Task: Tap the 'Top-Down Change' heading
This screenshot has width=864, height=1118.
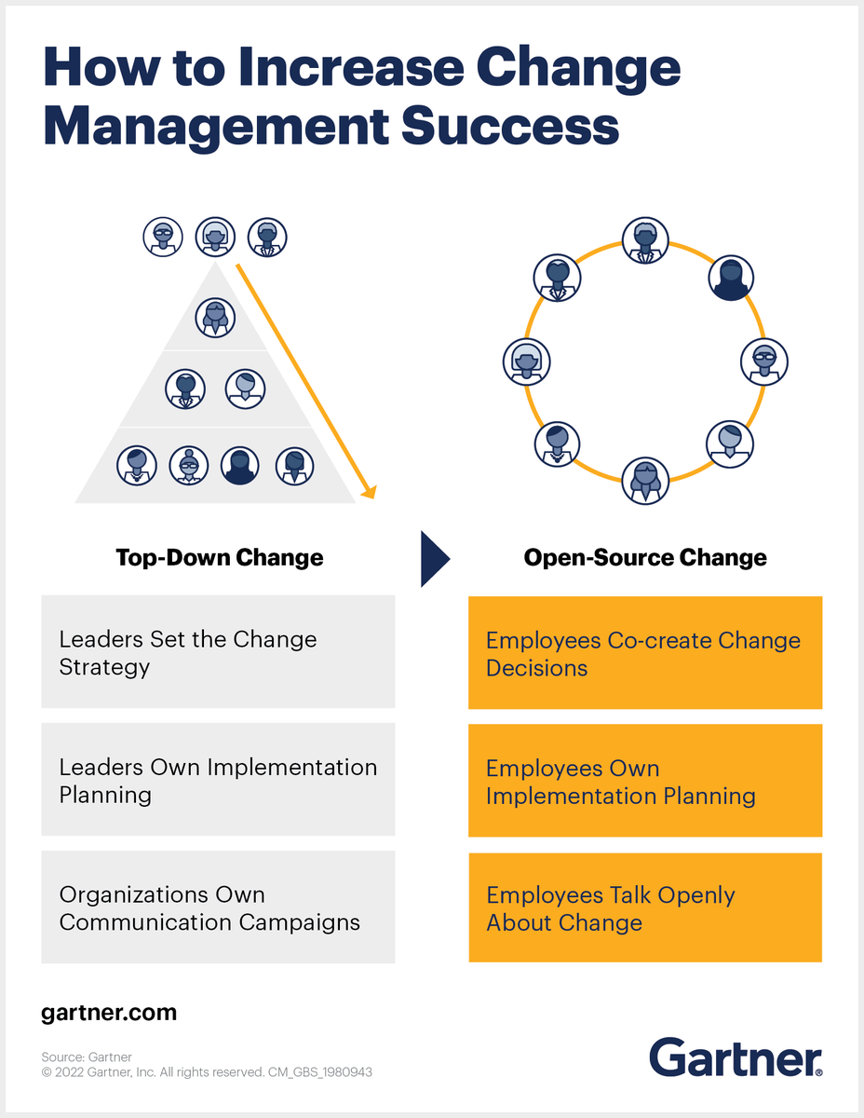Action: click(x=220, y=558)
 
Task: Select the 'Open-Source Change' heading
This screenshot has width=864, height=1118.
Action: click(x=645, y=558)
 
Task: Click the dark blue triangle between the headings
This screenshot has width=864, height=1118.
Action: click(x=433, y=559)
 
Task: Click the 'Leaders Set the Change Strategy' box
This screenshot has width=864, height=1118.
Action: click(x=218, y=652)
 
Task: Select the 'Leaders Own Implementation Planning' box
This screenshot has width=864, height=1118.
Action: click(x=218, y=780)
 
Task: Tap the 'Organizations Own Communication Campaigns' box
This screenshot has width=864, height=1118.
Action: click(x=218, y=907)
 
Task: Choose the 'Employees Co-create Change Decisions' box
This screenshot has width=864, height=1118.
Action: click(x=645, y=653)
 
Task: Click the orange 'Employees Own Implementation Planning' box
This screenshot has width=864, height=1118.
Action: click(x=645, y=781)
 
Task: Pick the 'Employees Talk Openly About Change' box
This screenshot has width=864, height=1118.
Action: click(x=645, y=908)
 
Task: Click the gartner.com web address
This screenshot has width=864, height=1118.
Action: click(x=109, y=1013)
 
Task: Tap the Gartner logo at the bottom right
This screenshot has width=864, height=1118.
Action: click(x=736, y=1057)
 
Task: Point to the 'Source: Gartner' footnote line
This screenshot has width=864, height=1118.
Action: click(x=87, y=1057)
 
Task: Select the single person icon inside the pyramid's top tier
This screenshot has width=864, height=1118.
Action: click(x=215, y=317)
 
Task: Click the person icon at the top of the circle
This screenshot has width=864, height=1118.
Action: click(x=645, y=239)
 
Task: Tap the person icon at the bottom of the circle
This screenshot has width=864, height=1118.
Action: click(x=645, y=481)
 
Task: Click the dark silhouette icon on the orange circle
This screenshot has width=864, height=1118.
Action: click(x=731, y=277)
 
